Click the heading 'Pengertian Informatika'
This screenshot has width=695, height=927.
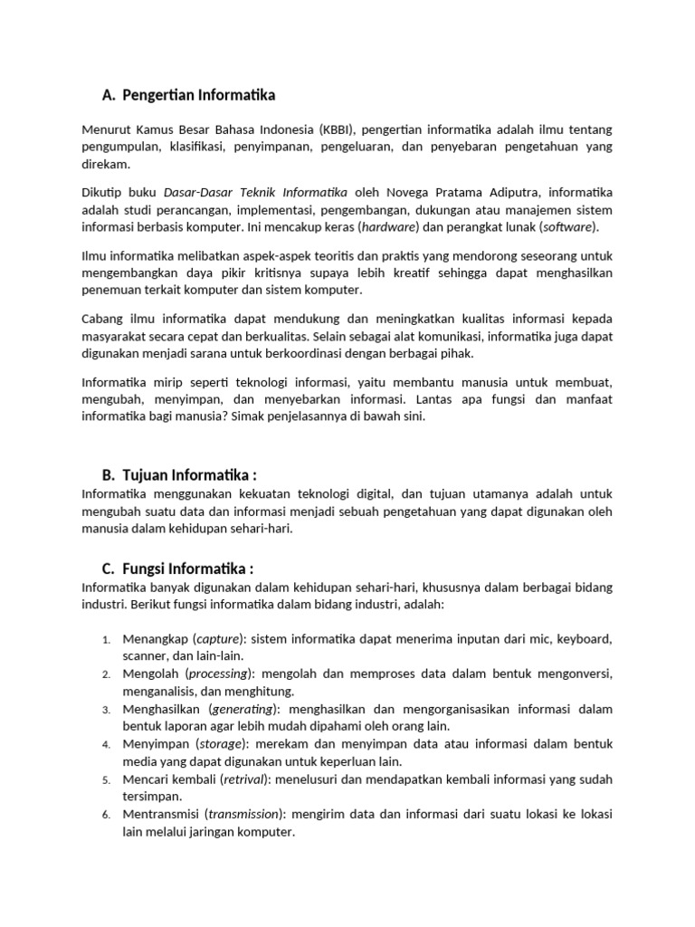click(198, 95)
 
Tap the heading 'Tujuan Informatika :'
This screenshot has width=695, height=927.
click(189, 476)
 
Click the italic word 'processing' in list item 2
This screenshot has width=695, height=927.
click(220, 674)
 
